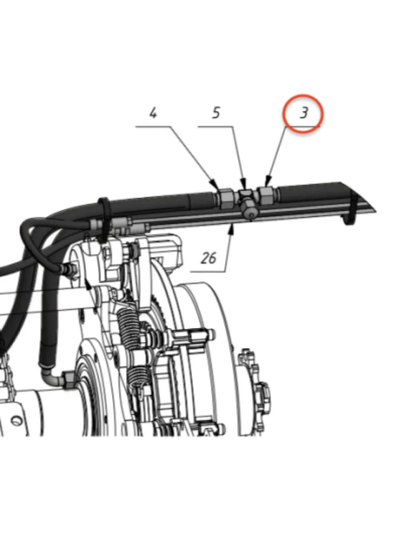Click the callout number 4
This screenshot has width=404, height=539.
(x=153, y=113)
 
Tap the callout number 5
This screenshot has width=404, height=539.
(x=216, y=113)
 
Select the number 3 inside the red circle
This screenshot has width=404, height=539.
(x=304, y=113)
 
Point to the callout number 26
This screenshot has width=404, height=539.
(x=209, y=258)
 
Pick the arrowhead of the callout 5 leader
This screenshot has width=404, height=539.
(x=243, y=183)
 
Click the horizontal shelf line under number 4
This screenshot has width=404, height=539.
(x=153, y=126)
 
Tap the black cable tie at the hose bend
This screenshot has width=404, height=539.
(x=104, y=219)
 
